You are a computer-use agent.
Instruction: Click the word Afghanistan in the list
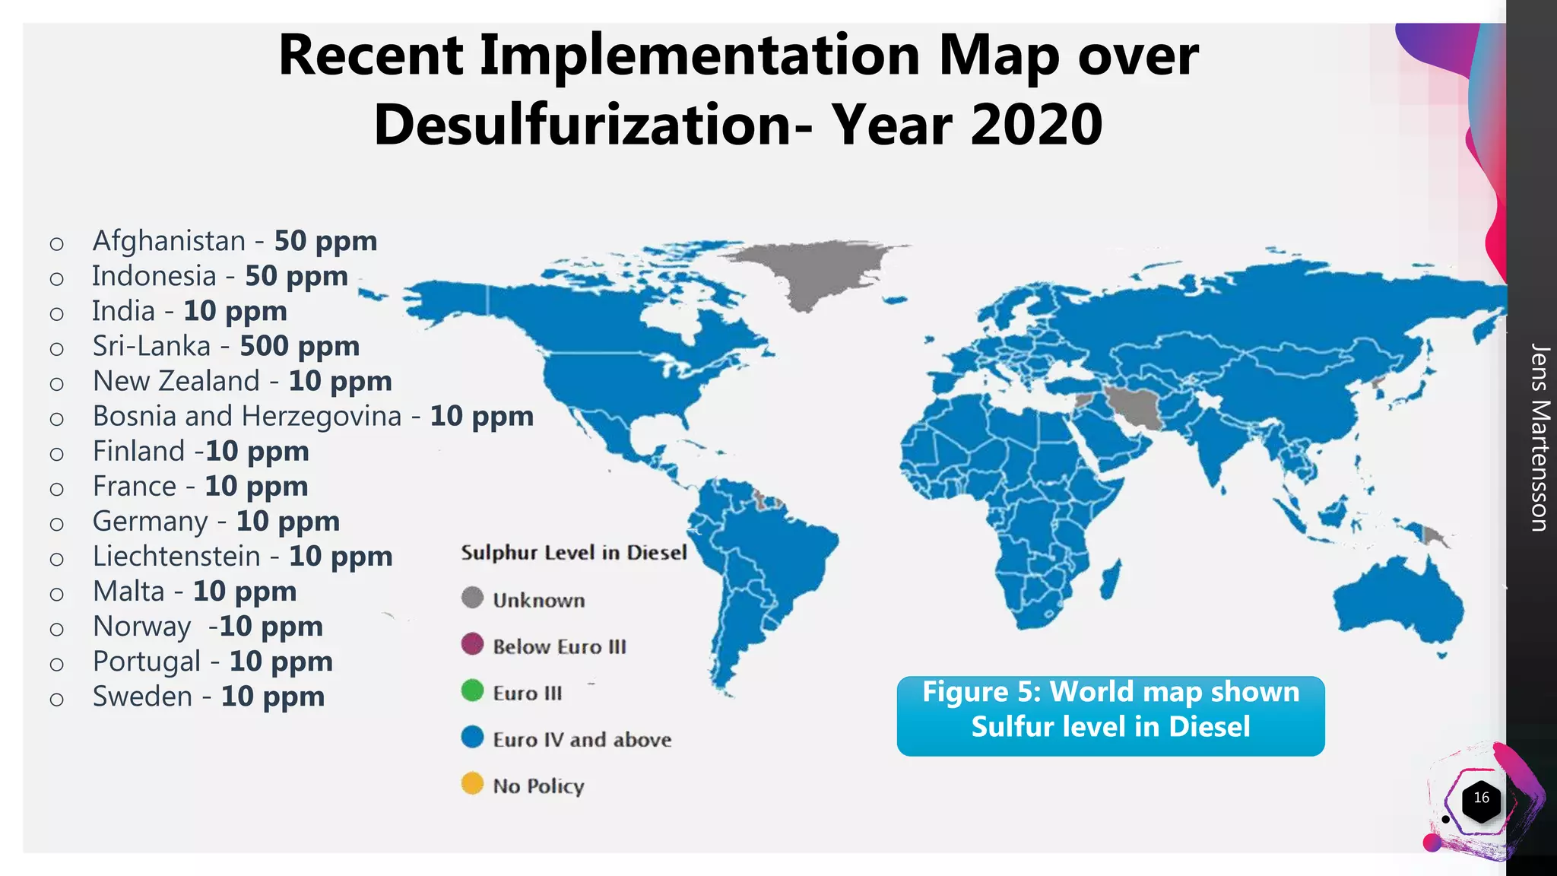pos(169,241)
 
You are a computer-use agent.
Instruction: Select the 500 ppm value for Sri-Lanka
pos(300,346)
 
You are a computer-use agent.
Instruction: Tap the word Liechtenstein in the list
pos(176,557)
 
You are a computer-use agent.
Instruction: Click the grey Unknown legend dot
pos(472,598)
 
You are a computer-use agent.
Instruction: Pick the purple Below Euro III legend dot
pos(472,644)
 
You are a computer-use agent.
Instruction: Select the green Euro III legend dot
pos(472,690)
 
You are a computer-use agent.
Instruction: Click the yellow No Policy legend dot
pos(472,783)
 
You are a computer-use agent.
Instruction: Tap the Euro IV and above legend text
pos(582,739)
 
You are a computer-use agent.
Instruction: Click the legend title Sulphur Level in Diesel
pos(573,553)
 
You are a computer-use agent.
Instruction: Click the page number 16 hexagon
pos(1481,798)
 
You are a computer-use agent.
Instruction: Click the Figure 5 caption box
pos(1110,716)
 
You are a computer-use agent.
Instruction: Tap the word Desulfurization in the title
pos(582,125)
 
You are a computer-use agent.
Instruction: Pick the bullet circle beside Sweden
pos(56,699)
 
